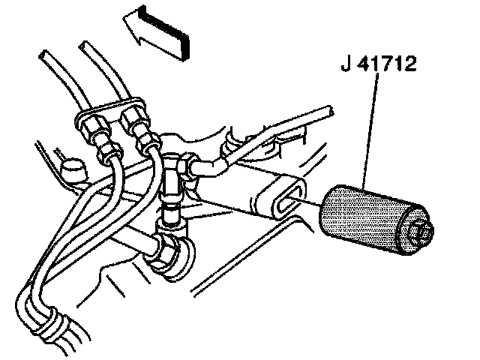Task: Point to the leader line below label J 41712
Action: tap(369, 135)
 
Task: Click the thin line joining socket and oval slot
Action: tap(310, 200)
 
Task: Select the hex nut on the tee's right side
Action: tap(191, 163)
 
